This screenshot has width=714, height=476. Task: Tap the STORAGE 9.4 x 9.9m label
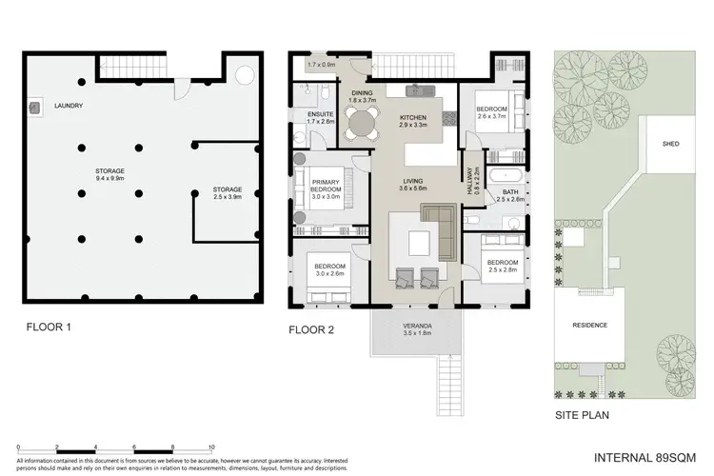[109, 174]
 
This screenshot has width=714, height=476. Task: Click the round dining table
[361, 122]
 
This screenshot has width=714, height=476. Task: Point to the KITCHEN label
[414, 121]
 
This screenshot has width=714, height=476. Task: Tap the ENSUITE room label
[321, 118]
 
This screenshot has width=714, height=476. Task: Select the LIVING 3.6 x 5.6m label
[413, 185]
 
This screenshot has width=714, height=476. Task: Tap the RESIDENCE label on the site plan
[589, 326]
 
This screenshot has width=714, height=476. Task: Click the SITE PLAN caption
[583, 415]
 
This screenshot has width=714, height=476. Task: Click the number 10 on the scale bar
[210, 446]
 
